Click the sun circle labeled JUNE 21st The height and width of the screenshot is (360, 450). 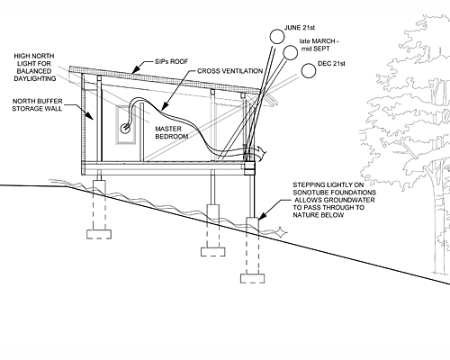[276, 36]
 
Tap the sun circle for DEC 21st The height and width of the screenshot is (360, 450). [309, 71]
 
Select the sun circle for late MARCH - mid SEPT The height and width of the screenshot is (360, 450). [290, 52]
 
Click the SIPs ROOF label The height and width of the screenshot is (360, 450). [172, 61]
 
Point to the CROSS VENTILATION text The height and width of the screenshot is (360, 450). [230, 71]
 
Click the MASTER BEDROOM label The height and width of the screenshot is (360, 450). [172, 132]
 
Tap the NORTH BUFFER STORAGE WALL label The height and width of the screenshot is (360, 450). [37, 104]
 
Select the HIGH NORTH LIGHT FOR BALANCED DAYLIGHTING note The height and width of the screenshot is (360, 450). [34, 67]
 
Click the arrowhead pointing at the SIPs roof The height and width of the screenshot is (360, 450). [135, 70]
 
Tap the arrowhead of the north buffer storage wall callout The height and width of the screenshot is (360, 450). [90, 116]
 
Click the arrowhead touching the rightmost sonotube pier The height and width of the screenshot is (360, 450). [261, 216]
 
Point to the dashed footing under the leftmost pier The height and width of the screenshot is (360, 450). [99, 234]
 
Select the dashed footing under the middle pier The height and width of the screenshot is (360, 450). [213, 252]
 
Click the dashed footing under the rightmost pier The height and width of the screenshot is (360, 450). [252, 278]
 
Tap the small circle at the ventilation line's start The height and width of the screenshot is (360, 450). [125, 129]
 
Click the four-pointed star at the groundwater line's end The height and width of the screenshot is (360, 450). [282, 231]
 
